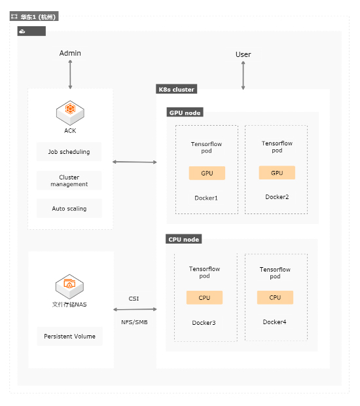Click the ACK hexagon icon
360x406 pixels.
coord(70,113)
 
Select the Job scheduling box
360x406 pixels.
coord(69,152)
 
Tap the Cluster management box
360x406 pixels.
coord(69,181)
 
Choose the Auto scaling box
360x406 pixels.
coord(69,208)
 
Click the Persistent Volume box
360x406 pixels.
coord(69,336)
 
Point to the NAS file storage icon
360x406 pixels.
coord(69,287)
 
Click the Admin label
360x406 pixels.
coord(70,53)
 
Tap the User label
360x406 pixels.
coord(243,54)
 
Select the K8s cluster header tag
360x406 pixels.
coord(176,89)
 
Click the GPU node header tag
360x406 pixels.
coord(185,113)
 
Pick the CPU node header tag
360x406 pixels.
coord(183,239)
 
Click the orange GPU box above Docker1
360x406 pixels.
coord(207,173)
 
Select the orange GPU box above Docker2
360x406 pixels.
coord(277,173)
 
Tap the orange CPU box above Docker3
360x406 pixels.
coord(204,297)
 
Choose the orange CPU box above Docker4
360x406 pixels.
coord(275,297)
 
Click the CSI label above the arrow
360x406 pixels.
coord(134,299)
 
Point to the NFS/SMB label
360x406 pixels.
coord(134,322)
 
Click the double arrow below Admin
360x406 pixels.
coord(70,75)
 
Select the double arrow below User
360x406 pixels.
coord(243,75)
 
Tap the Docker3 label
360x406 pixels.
coord(204,323)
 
